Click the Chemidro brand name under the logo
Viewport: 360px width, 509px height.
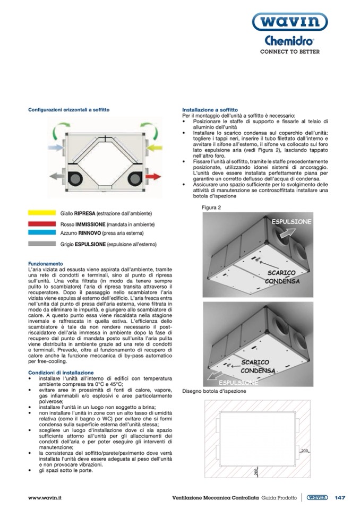[289, 41]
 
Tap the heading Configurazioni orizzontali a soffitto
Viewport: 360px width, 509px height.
[69, 110]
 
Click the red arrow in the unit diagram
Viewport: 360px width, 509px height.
[154, 176]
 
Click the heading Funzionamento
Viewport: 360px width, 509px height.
[46, 263]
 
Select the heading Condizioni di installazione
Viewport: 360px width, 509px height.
[61, 373]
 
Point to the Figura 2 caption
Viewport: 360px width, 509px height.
[211, 207]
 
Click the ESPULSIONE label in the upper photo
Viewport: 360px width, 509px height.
[291, 220]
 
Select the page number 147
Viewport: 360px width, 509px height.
[340, 497]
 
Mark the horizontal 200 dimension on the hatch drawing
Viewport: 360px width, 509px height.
[304, 451]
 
